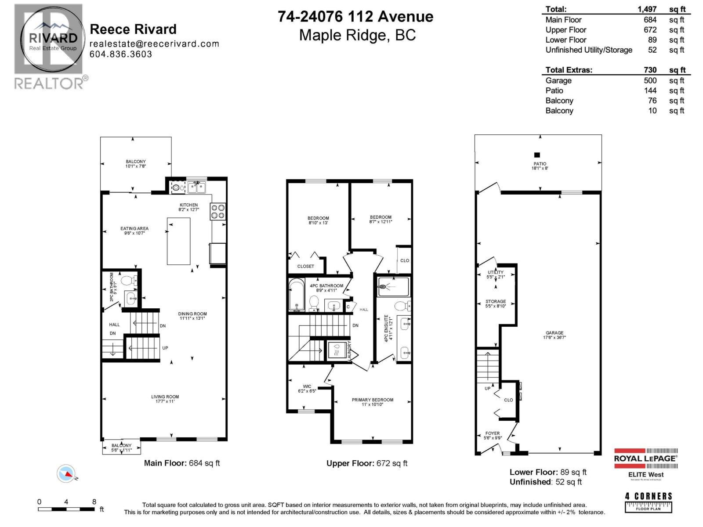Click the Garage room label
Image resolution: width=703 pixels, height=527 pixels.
tap(554, 335)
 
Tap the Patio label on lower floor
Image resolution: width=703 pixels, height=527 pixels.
tap(540, 166)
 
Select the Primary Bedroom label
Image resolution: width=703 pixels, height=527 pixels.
tap(372, 402)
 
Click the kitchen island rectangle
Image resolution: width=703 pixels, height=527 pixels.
tap(178, 241)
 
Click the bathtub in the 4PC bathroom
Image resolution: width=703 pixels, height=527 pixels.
tap(297, 295)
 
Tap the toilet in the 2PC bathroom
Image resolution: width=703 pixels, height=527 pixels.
tap(129, 281)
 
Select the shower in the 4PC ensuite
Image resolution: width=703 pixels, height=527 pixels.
tap(393, 287)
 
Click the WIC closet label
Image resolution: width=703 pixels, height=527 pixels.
tap(307, 389)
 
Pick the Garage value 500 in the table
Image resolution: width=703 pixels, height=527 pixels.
tap(650, 81)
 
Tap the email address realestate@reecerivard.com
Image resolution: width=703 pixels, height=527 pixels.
tap(154, 43)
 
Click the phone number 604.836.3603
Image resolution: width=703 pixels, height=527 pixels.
tap(121, 54)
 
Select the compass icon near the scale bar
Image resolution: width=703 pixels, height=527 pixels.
tap(66, 473)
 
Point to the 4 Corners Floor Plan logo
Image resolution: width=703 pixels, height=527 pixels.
tap(649, 502)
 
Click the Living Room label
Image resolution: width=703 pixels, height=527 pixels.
tap(165, 399)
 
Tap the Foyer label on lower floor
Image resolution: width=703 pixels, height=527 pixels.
tap(492, 435)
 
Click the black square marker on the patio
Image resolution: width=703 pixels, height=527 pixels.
tap(537, 155)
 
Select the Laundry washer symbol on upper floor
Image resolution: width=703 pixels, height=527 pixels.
tap(337, 351)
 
